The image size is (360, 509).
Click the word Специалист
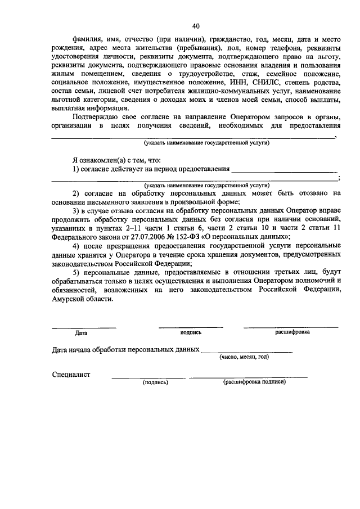[x=71, y=374]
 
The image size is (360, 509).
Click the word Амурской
[x=69, y=299]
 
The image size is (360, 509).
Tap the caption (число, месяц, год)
[x=244, y=357]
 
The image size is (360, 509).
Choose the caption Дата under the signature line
[x=81, y=332]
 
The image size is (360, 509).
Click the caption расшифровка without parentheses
[x=292, y=332]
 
